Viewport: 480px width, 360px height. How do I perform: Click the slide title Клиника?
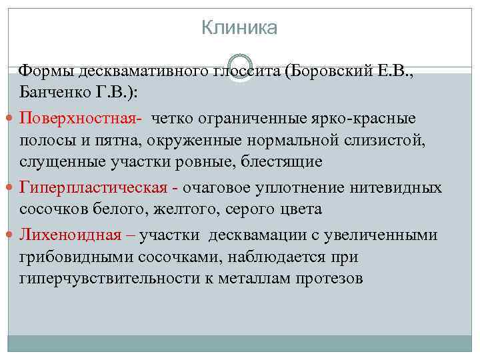tap(239, 28)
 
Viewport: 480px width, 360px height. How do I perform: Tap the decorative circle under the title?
tap(239, 68)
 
